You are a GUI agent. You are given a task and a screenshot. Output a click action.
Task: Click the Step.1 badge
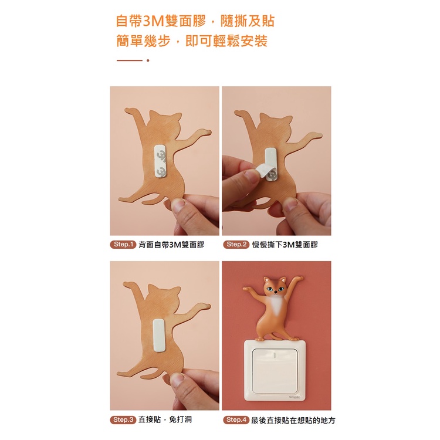pyautogui.click(x=123, y=245)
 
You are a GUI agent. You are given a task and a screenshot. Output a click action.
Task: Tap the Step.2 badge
pyautogui.click(x=236, y=245)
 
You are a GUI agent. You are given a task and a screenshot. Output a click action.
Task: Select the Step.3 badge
pyautogui.click(x=123, y=420)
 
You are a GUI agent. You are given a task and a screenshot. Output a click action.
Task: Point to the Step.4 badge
pyautogui.click(x=236, y=420)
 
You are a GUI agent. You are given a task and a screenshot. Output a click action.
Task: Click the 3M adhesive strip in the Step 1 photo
pyautogui.click(x=161, y=161)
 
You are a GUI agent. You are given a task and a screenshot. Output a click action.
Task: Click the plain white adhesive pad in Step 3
pyautogui.click(x=160, y=335)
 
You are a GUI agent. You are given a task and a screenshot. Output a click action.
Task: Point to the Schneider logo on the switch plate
pyautogui.click(x=295, y=397)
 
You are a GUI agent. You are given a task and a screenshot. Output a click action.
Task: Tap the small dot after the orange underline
pyautogui.click(x=148, y=60)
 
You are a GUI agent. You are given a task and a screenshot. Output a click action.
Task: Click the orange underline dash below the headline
pyautogui.click(x=130, y=60)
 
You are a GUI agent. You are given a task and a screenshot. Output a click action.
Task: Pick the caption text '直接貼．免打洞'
pyautogui.click(x=165, y=420)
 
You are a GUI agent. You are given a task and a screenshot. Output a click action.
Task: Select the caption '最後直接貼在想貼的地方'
pyautogui.click(x=293, y=420)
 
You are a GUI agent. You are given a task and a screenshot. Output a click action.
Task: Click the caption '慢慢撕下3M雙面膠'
pyautogui.click(x=285, y=245)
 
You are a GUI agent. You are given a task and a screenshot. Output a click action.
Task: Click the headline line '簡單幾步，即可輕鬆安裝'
pyautogui.click(x=192, y=41)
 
